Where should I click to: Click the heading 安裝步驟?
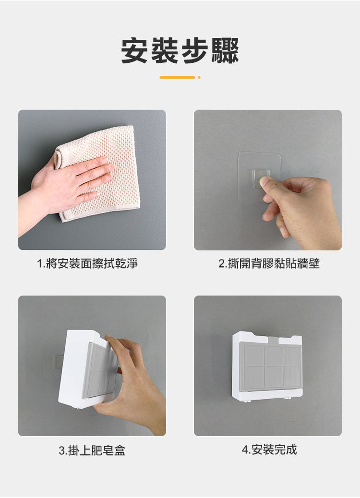(x=180, y=51)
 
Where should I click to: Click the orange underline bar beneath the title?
(x=177, y=77)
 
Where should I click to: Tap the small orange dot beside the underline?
(x=199, y=77)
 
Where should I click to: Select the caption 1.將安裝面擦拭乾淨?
(x=87, y=263)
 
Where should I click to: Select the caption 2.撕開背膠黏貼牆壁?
(x=268, y=263)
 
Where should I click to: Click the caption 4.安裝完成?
(x=269, y=450)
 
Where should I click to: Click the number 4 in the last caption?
(x=245, y=450)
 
